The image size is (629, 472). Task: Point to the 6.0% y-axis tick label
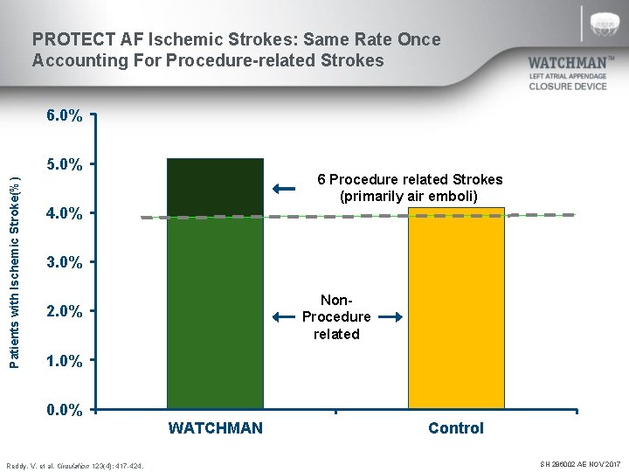(x=65, y=115)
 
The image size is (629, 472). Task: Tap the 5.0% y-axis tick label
(x=65, y=164)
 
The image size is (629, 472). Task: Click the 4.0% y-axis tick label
(x=65, y=213)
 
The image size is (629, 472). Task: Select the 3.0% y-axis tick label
(x=65, y=262)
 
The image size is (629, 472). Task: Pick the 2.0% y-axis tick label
(x=65, y=312)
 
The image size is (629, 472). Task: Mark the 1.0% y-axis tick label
(x=65, y=361)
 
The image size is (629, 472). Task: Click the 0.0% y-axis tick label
(x=65, y=410)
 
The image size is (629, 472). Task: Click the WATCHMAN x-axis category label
(x=215, y=428)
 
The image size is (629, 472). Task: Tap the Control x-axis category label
(x=455, y=428)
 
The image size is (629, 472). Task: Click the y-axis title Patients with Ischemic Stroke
(x=13, y=261)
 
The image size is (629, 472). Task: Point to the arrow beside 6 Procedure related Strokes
(x=284, y=189)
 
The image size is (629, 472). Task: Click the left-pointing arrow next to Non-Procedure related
(x=284, y=317)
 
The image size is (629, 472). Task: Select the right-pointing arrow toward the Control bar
(x=390, y=317)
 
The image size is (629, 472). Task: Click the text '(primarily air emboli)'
(x=409, y=196)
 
